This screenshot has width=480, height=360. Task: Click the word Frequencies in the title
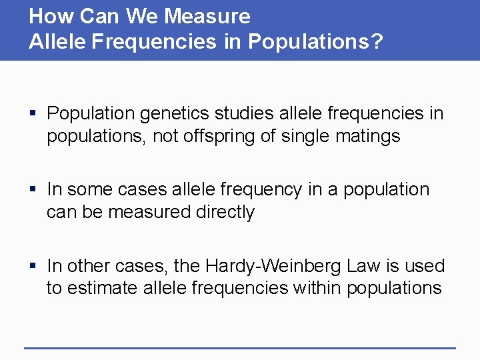coord(154,41)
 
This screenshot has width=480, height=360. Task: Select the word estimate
coord(101,289)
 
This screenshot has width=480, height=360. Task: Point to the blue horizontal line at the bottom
coord(240,347)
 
